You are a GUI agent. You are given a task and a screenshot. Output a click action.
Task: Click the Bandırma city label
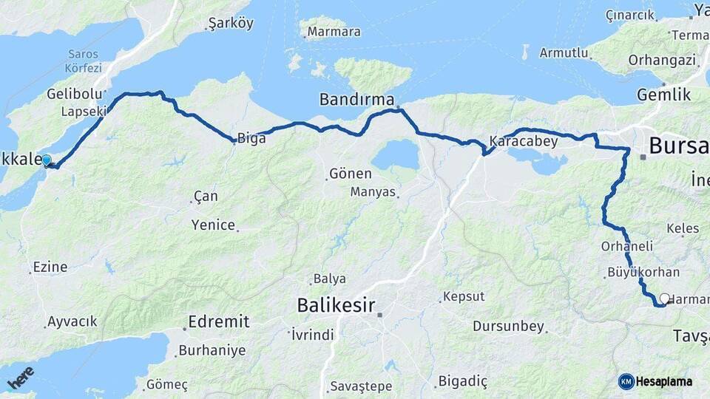[x=356, y=99]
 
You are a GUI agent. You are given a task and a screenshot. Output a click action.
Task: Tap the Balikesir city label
[x=337, y=304]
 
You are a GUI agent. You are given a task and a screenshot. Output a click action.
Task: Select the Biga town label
[x=251, y=138]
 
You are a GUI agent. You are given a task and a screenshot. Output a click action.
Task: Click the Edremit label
[x=218, y=321]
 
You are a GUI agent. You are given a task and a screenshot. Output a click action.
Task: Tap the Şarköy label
[x=231, y=24]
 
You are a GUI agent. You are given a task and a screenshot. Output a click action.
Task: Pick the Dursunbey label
[x=508, y=326]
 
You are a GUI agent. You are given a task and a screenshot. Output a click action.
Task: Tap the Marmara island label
[x=334, y=32]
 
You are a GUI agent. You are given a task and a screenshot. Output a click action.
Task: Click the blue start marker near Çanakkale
[x=47, y=160]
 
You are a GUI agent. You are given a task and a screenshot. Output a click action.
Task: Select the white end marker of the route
[x=664, y=299]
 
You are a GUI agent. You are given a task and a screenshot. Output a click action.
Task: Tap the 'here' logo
[x=21, y=377]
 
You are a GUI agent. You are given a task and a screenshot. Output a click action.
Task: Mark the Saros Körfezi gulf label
[x=84, y=60]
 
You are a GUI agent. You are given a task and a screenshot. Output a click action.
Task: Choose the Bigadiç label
[x=463, y=381]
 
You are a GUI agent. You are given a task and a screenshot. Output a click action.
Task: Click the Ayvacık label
[x=72, y=321]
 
